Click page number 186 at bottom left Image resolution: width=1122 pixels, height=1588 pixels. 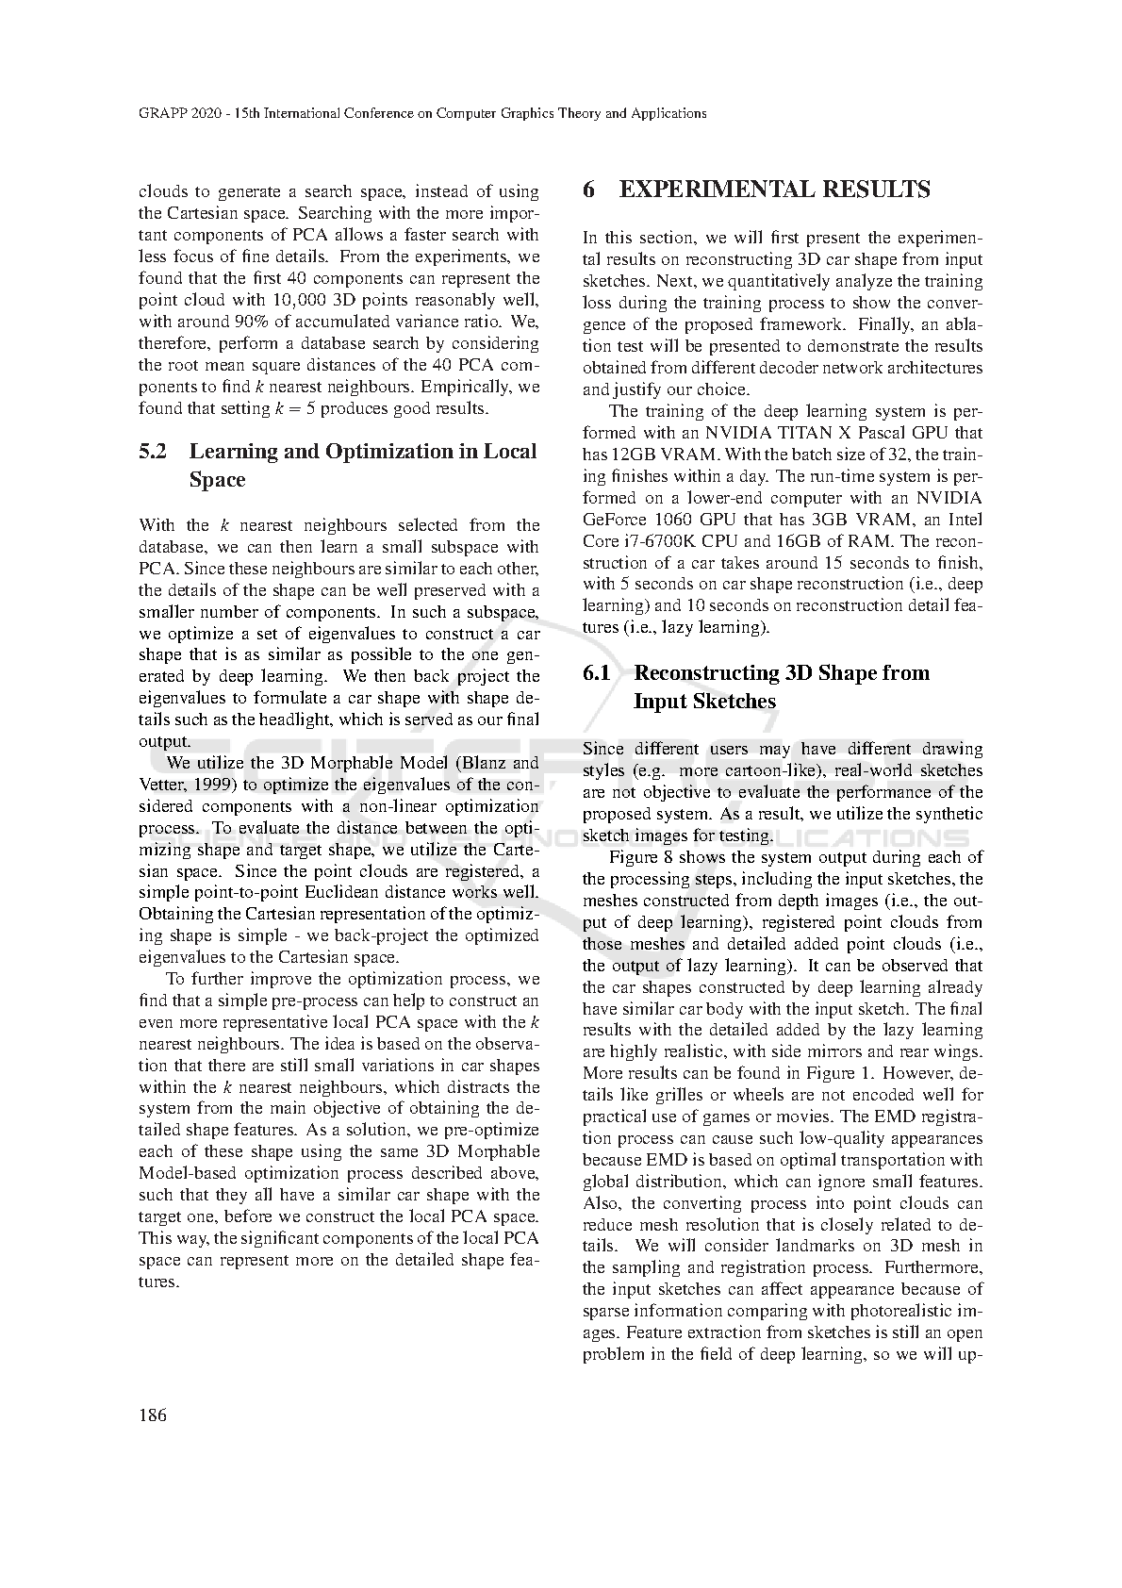point(152,1414)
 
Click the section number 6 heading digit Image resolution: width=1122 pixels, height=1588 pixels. point(589,190)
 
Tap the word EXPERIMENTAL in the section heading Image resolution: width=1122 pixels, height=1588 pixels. point(718,190)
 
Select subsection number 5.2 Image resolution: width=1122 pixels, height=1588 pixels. point(153,452)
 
